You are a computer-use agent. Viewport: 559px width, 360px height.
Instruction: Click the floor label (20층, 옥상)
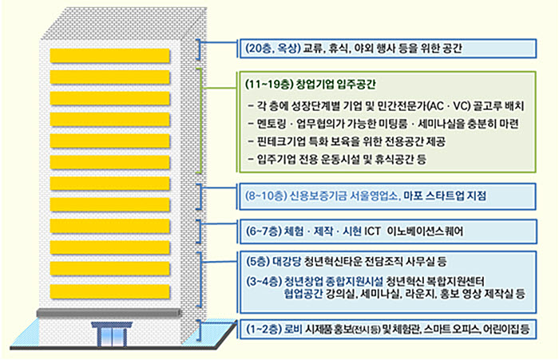pos(273,48)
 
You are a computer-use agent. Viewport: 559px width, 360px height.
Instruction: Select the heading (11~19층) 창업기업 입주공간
pos(311,85)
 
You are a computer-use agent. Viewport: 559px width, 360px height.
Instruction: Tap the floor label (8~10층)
pos(266,196)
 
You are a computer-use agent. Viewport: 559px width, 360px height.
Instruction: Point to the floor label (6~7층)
pos(263,231)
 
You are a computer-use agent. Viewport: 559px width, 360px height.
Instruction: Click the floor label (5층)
pos(257,262)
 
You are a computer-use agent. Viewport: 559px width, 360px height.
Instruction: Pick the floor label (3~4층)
pos(264,281)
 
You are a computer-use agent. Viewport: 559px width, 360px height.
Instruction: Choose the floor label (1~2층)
pos(264,329)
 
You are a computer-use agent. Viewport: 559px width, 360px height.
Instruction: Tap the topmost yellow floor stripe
pos(110,56)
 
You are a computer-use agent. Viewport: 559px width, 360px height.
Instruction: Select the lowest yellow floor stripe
pos(110,291)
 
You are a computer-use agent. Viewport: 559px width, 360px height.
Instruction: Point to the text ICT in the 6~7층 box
pos(372,231)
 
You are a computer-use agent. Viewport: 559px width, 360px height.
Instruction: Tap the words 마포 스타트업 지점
pos(445,196)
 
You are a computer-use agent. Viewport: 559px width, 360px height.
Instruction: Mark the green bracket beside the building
pos(200,121)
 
